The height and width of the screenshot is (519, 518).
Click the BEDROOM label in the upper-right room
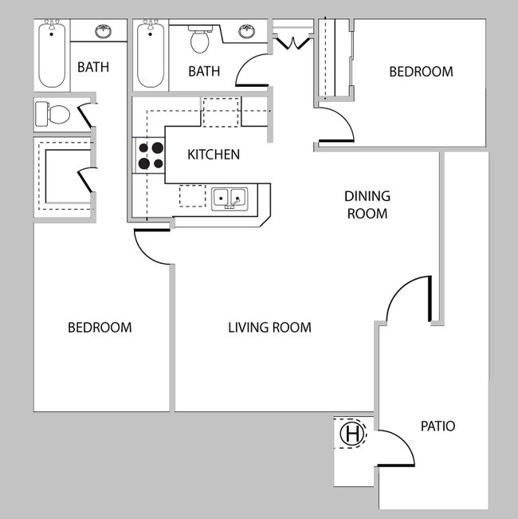point(420,72)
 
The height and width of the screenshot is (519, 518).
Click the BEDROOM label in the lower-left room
point(100,328)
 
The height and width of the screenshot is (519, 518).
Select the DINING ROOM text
point(367,205)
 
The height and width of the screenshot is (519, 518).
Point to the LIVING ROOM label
point(269,328)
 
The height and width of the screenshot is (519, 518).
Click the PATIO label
point(438,427)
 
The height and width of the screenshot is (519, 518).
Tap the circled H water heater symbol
point(351,434)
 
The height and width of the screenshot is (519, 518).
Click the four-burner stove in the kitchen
point(149,155)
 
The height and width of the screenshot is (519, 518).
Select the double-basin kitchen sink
point(230,197)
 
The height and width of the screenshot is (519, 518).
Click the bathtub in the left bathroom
point(53,55)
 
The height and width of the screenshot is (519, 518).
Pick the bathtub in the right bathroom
point(150,55)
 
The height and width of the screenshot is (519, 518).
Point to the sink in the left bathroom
point(103,32)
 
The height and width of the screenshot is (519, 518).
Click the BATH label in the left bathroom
point(93,68)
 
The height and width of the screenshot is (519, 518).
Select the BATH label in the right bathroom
point(204,72)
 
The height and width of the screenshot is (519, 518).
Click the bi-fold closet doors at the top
point(292,40)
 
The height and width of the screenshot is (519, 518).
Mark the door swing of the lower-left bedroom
point(151,248)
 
